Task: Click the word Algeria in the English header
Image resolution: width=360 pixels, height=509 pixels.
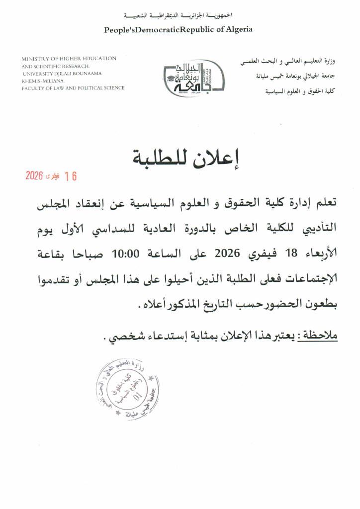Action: (239, 29)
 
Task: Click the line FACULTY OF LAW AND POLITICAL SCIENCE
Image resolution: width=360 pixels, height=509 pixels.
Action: (73, 88)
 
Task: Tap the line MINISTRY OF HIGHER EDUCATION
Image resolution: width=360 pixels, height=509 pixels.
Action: (69, 59)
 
